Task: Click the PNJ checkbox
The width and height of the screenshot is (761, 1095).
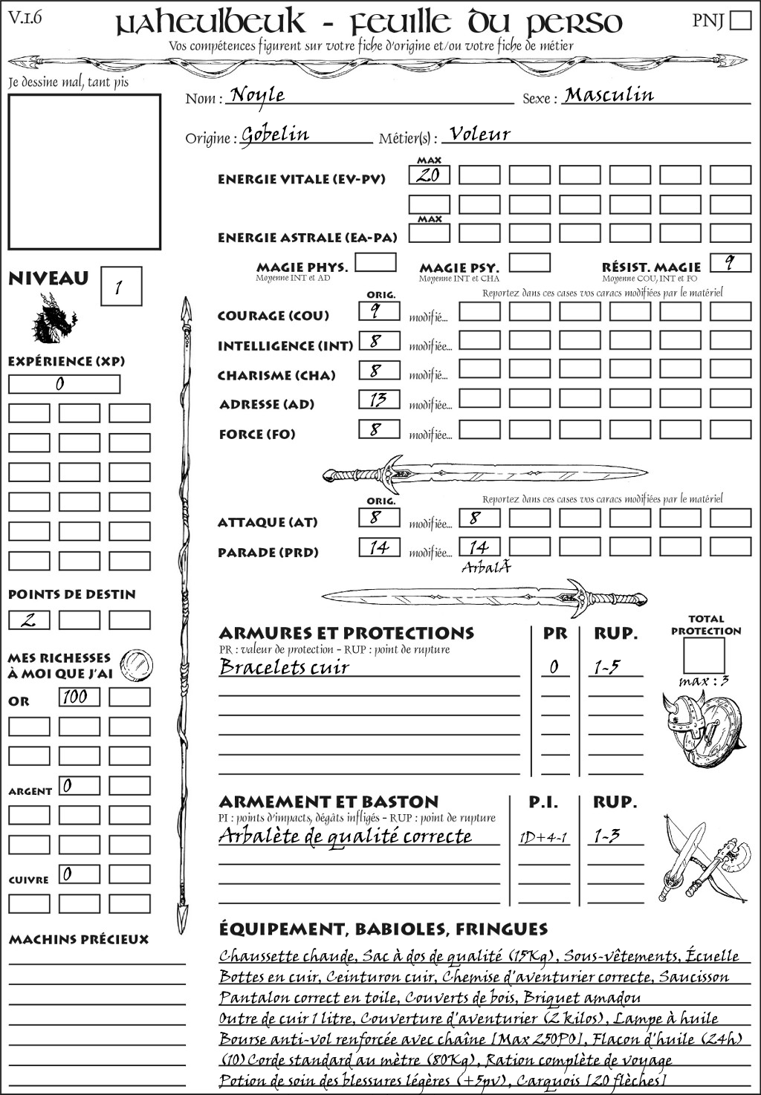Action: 740,19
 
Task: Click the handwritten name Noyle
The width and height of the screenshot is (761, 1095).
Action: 257,95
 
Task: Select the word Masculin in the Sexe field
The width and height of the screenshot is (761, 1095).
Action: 609,95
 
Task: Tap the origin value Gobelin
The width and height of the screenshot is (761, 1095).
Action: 275,134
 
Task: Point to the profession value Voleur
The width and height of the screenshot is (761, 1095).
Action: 480,134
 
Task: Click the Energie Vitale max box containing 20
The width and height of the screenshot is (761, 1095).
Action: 429,175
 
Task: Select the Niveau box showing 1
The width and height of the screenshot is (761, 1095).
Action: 120,287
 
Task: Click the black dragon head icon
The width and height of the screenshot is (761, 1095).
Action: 54,319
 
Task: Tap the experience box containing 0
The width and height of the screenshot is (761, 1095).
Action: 64,384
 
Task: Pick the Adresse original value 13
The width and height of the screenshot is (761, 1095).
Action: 379,400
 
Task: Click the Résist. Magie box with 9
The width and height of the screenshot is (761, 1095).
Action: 730,263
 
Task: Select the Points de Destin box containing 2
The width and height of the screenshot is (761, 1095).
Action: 29,620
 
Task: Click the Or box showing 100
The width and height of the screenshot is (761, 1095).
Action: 79,697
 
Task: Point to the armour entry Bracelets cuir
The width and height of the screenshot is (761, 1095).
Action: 284,667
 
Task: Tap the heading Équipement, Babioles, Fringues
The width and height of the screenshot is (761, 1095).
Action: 383,929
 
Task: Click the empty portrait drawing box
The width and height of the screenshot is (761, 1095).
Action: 84,172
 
